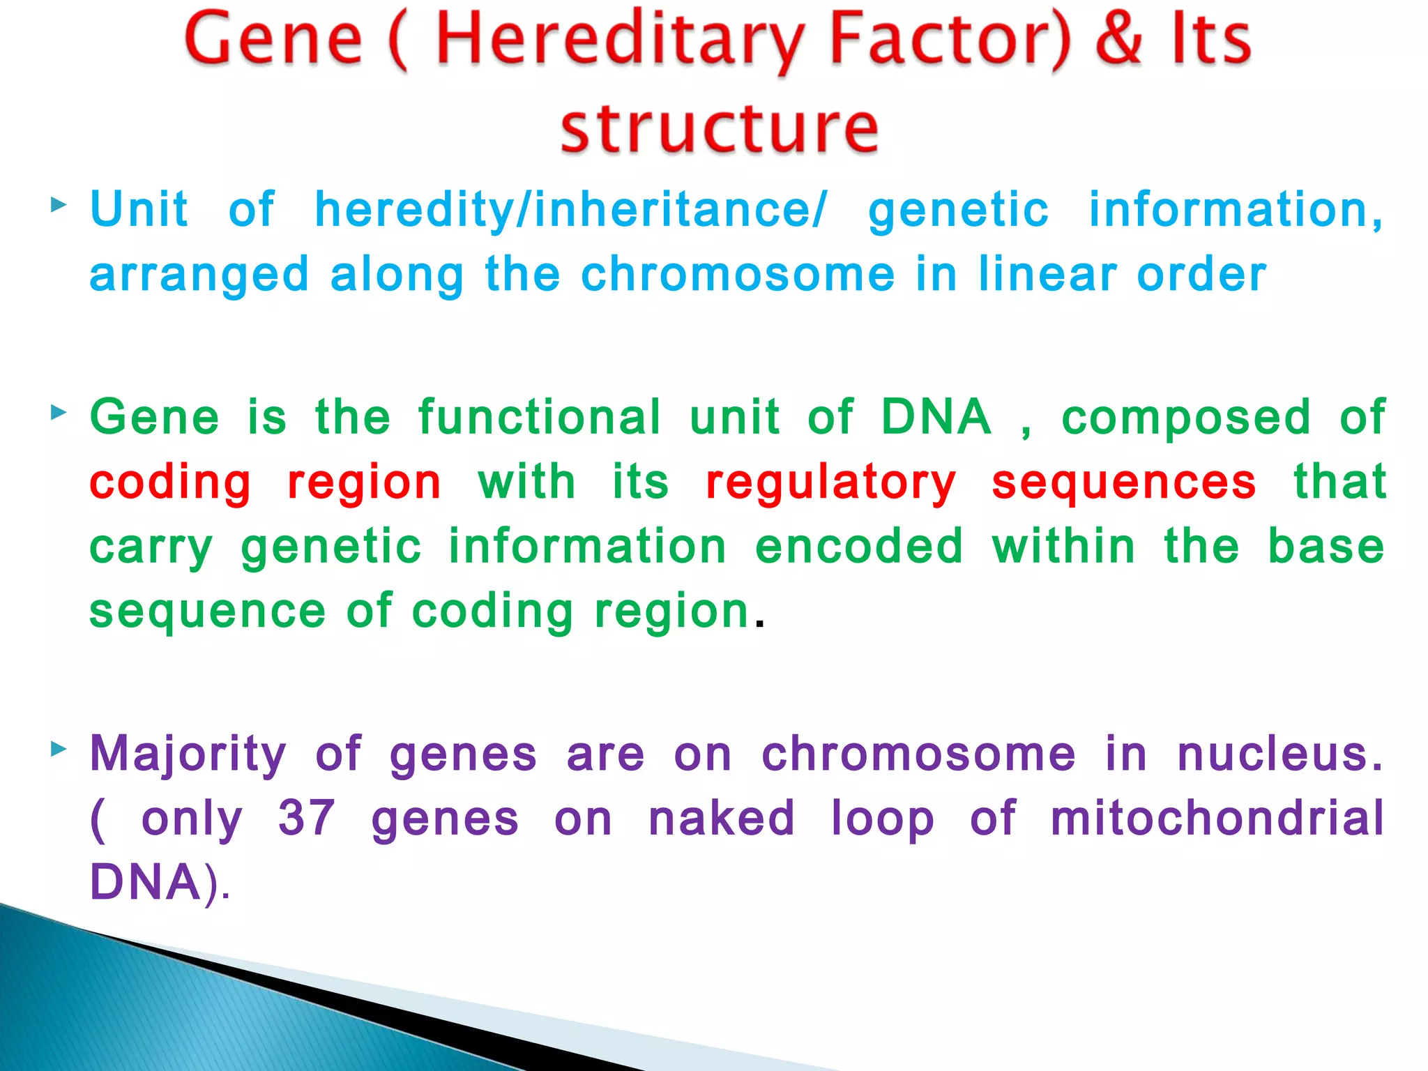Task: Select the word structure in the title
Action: coord(719,130)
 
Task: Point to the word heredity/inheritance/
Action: coord(570,211)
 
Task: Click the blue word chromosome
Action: coord(738,275)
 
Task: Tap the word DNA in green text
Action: coord(936,417)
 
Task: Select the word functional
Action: coord(539,417)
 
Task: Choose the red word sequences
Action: coord(1124,483)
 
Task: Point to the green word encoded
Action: coord(859,546)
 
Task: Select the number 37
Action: coord(307,818)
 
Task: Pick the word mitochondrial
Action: coord(1217,818)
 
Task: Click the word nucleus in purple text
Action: coord(1279,754)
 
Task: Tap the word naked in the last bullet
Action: coord(722,818)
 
